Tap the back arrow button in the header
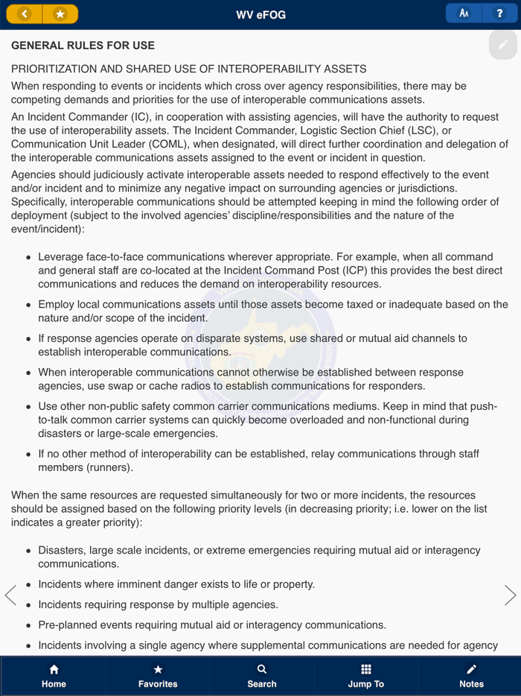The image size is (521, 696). point(25,14)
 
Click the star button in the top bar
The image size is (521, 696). point(60,14)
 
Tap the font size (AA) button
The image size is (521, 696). point(464,13)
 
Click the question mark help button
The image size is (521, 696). point(499,13)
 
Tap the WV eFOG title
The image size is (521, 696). point(261,14)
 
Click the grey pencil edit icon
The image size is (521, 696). point(503,45)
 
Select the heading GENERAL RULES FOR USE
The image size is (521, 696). point(83,45)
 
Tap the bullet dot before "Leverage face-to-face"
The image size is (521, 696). point(29,257)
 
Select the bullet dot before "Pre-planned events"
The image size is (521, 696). point(29,626)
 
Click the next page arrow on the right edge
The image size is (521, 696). point(510,595)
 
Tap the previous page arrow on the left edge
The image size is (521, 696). point(10,595)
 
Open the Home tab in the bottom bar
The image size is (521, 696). point(54,675)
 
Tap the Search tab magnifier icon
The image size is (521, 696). point(262,669)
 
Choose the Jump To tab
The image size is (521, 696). point(366,675)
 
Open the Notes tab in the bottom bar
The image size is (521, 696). point(471,675)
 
